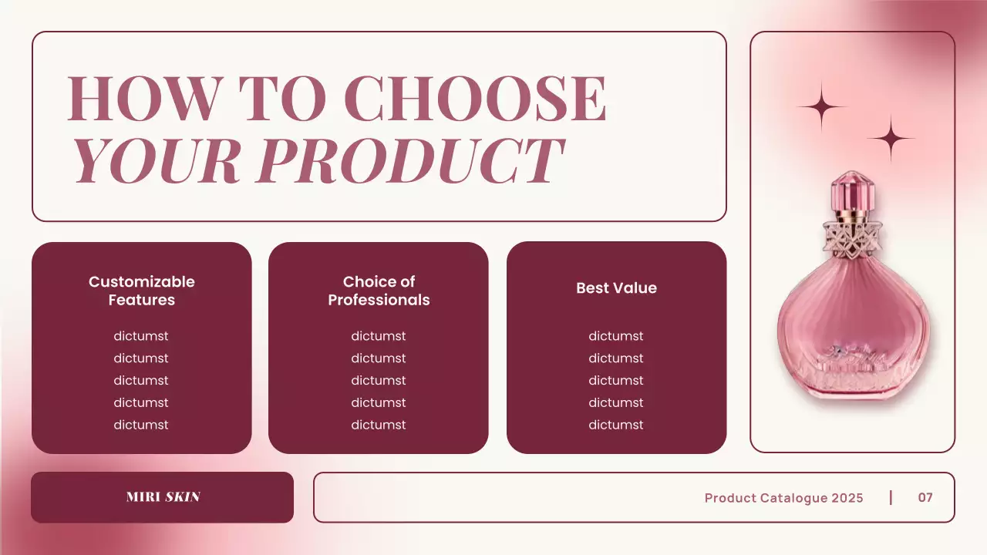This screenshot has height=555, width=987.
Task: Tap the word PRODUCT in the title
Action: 409,161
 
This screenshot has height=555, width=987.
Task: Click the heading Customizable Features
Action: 142,291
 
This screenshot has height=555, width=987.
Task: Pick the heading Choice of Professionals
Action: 379,291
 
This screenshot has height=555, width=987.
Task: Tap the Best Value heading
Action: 616,288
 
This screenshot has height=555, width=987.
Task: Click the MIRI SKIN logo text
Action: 163,497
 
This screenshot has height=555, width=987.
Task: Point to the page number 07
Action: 925,497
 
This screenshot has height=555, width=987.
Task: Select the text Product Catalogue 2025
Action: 783,498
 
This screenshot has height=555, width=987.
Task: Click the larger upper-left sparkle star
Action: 822,106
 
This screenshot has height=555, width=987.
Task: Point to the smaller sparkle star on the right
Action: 891,139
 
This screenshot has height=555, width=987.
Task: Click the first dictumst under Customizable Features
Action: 141,336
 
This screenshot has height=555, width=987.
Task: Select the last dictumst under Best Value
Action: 616,425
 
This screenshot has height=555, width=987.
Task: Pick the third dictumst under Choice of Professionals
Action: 379,381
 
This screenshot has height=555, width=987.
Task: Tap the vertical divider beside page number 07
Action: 891,497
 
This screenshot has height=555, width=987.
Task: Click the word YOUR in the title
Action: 158,161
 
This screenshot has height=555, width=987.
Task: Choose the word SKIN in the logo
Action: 183,497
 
